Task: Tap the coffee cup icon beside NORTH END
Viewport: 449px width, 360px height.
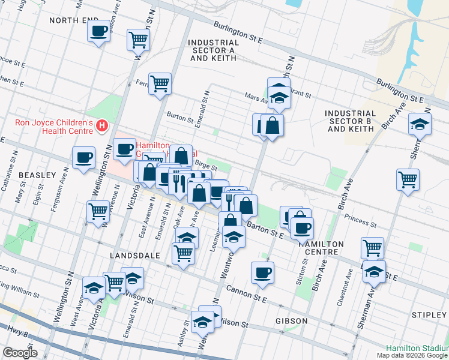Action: pos(98,31)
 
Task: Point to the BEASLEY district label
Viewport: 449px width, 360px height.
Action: pos(37,175)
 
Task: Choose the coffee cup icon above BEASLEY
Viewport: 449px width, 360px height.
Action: pos(83,157)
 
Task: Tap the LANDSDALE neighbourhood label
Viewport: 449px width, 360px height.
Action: pos(133,256)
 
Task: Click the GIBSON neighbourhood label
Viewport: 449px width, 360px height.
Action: pos(292,321)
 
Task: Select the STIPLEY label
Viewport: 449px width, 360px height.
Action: pos(430,315)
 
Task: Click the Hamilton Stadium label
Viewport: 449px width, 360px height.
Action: pos(417,348)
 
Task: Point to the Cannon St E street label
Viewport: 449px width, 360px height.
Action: pos(246,293)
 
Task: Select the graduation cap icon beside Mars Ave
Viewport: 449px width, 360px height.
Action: pos(279,95)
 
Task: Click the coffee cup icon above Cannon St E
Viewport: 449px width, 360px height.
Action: pos(262,272)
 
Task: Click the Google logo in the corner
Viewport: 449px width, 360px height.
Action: pos(20,353)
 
